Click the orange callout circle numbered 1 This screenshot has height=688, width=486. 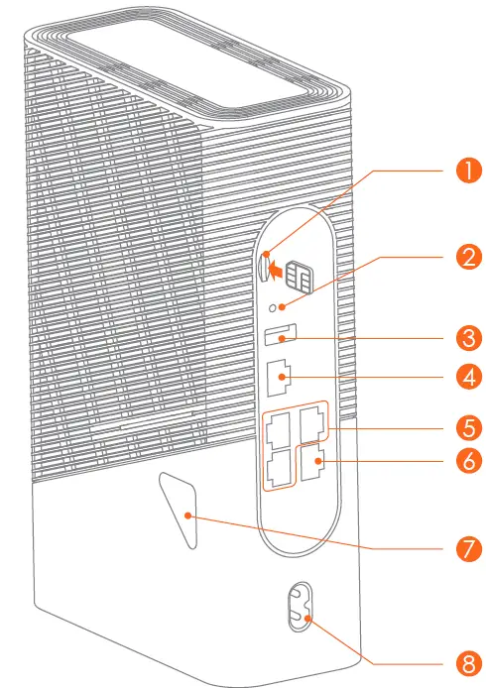coord(462,170)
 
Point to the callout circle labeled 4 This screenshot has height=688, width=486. coord(462,378)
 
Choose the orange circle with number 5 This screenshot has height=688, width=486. coord(462,430)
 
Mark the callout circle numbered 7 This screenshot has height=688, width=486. coord(462,547)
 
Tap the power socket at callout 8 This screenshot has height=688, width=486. coord(297,604)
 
